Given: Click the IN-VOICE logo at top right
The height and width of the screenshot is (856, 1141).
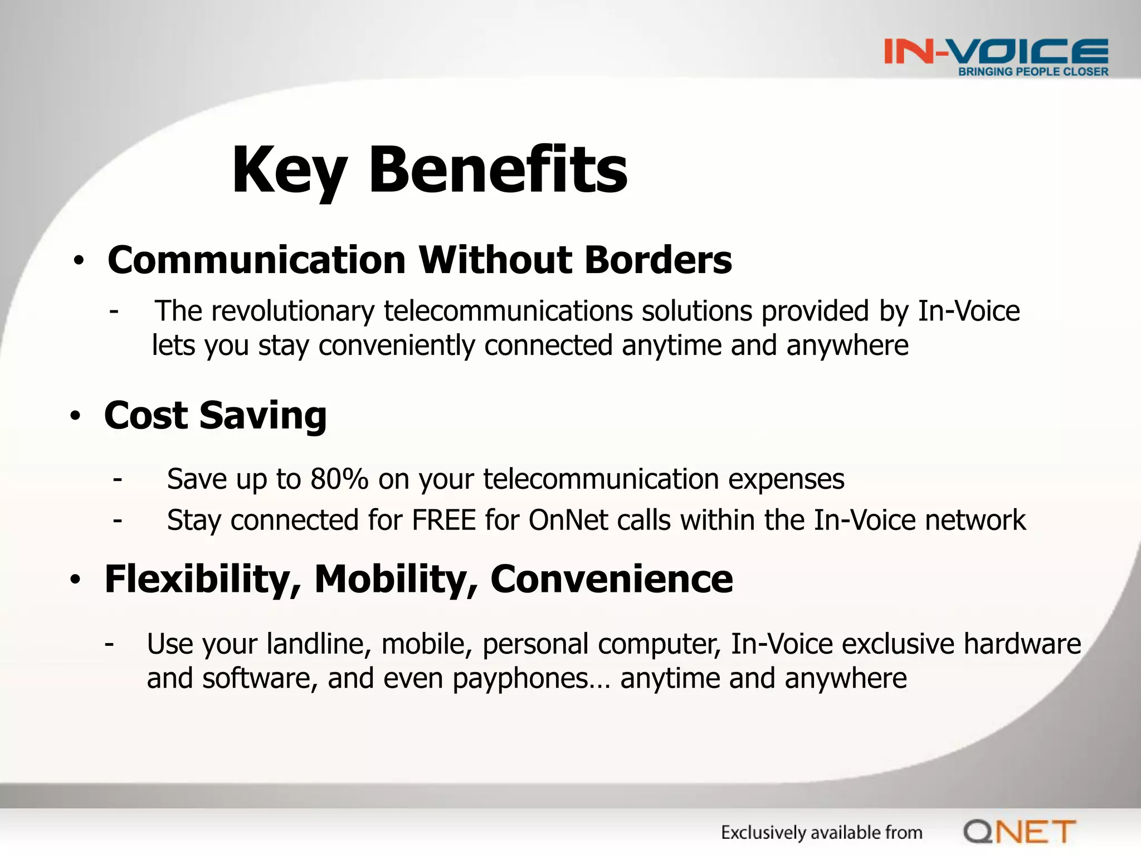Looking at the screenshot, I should point(996,51).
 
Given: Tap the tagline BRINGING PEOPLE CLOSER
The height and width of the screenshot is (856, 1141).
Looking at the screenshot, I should point(1033,72).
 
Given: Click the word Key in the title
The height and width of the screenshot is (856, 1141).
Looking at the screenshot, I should point(289,170).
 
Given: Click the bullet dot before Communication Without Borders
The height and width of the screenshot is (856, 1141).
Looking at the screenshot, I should point(79,261).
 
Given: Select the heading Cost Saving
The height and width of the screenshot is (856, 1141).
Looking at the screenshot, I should point(215,416).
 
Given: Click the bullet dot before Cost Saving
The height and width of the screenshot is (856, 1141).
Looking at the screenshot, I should point(76,416).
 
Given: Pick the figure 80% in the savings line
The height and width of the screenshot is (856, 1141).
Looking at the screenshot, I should point(339,479).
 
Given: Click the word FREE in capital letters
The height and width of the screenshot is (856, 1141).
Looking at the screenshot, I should point(443,520).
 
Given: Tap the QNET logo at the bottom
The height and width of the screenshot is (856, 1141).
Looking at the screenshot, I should point(1019,832).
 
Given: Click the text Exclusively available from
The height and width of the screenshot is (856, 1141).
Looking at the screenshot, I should point(821,833).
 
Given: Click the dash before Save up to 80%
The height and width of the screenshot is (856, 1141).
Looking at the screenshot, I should point(117,479).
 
